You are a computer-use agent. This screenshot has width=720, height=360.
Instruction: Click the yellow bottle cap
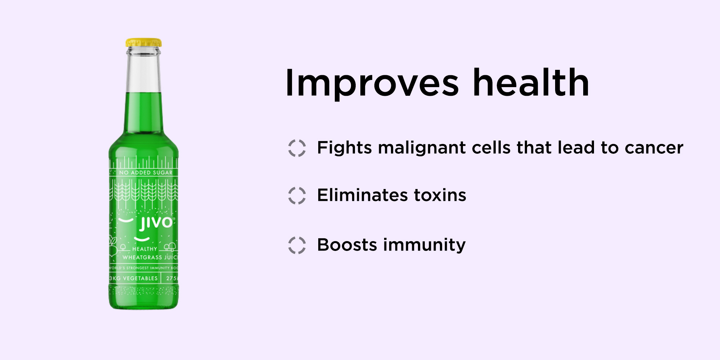tap(144, 43)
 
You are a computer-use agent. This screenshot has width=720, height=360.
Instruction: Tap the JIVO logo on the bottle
tap(156, 223)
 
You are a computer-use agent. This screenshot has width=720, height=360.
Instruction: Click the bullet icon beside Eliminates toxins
tap(297, 195)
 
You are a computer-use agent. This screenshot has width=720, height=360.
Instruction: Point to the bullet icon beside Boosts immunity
tap(297, 245)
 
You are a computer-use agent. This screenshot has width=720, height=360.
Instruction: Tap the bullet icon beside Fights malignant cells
tap(297, 148)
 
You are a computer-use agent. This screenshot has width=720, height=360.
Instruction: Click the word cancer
tap(654, 148)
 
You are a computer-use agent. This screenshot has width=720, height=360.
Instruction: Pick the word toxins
tap(440, 195)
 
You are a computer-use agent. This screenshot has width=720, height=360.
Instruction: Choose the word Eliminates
tap(363, 195)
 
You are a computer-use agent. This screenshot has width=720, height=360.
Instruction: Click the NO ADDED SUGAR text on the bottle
tap(146, 173)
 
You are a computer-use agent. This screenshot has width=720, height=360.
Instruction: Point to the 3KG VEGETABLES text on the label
tap(134, 278)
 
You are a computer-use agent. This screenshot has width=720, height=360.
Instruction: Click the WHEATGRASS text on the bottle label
tap(143, 257)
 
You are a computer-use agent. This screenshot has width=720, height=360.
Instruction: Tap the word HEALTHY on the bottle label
tap(145, 249)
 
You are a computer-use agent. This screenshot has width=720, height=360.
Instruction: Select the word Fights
tap(345, 148)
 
